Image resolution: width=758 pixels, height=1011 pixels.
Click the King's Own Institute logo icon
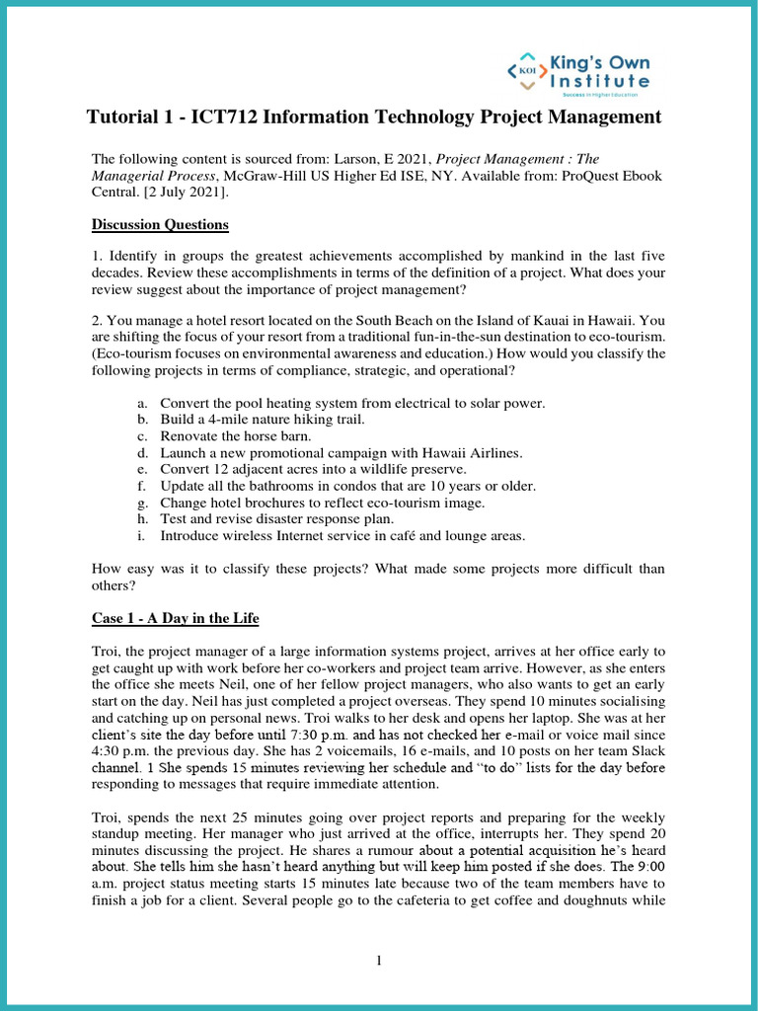(527, 70)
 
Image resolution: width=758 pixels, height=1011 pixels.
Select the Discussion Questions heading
(160, 225)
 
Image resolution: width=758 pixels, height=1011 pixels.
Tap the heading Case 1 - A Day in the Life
(175, 618)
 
